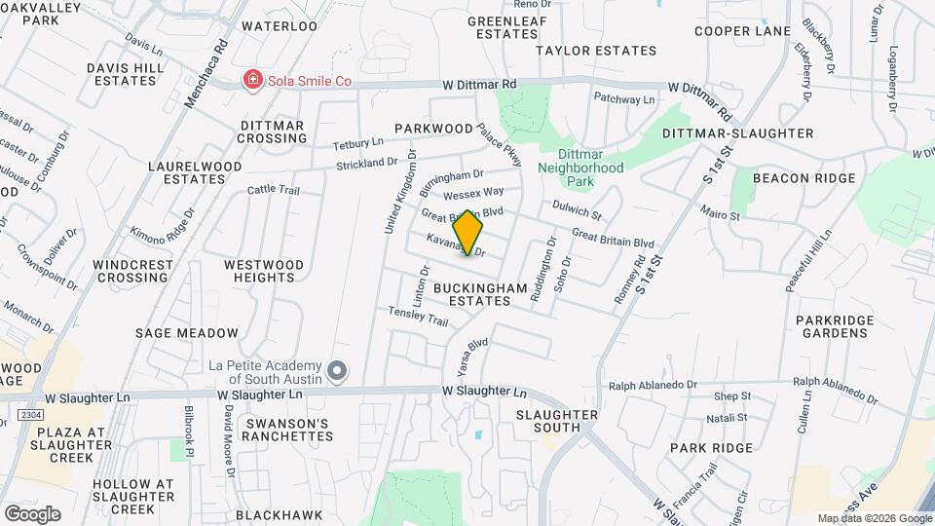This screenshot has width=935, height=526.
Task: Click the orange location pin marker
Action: coord(468,233)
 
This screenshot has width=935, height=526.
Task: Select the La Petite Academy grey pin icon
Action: coord(338,370)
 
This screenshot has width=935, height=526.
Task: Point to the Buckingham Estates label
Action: coord(472,294)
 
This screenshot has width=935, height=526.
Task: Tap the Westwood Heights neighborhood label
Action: coord(263,271)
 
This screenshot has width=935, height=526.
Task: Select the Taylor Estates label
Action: coord(596,50)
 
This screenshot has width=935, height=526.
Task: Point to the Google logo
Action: coord(32,513)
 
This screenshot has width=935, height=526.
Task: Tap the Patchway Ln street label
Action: coord(624,99)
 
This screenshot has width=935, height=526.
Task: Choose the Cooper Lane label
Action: coord(742,31)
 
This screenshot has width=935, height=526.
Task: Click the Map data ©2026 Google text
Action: coord(874,518)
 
